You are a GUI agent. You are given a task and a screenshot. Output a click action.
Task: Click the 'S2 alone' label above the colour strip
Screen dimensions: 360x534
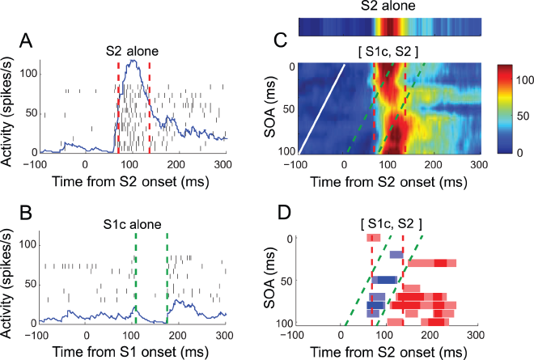(388, 7)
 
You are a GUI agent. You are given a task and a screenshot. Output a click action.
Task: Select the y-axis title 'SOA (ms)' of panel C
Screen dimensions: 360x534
(272, 108)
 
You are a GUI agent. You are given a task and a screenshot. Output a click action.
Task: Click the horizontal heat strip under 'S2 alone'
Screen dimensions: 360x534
(388, 27)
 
